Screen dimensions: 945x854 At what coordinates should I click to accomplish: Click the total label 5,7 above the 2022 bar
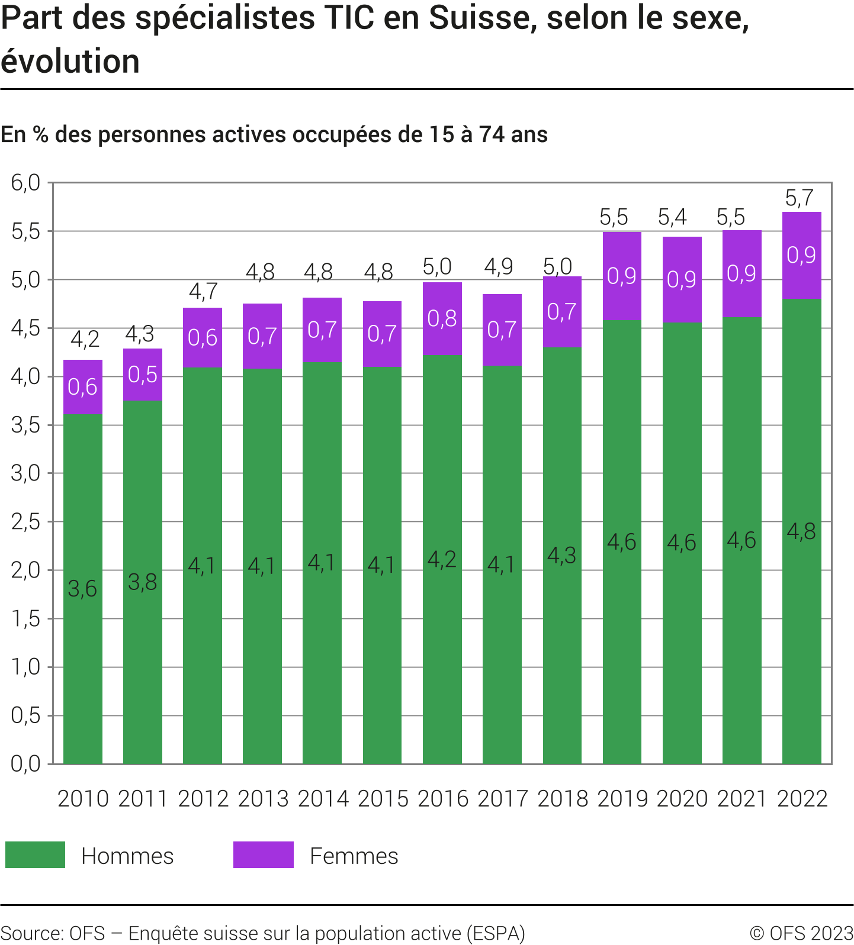tap(799, 198)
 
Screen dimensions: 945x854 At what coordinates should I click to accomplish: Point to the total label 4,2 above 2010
tap(85, 339)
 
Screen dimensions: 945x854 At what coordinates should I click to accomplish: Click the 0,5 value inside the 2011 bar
tap(143, 375)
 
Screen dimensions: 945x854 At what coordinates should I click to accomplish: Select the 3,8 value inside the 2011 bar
tap(143, 583)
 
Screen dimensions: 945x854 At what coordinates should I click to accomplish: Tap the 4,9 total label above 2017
tap(499, 267)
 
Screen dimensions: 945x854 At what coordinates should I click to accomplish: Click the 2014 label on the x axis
tap(323, 799)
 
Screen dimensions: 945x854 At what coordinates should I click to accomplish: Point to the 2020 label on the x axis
tap(682, 799)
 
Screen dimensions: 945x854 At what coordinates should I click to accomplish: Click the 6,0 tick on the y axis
tap(25, 183)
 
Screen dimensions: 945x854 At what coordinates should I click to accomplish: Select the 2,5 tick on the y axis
tap(25, 522)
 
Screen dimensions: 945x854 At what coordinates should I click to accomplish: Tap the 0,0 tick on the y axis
tap(25, 764)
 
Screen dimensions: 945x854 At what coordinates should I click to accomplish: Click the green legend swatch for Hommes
tap(35, 855)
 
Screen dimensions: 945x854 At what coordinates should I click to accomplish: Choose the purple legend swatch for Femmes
tap(263, 855)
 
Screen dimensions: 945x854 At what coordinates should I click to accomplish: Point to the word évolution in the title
tap(70, 62)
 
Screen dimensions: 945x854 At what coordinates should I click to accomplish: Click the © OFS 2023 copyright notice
tap(801, 933)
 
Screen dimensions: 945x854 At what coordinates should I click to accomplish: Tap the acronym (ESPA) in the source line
tap(496, 933)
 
